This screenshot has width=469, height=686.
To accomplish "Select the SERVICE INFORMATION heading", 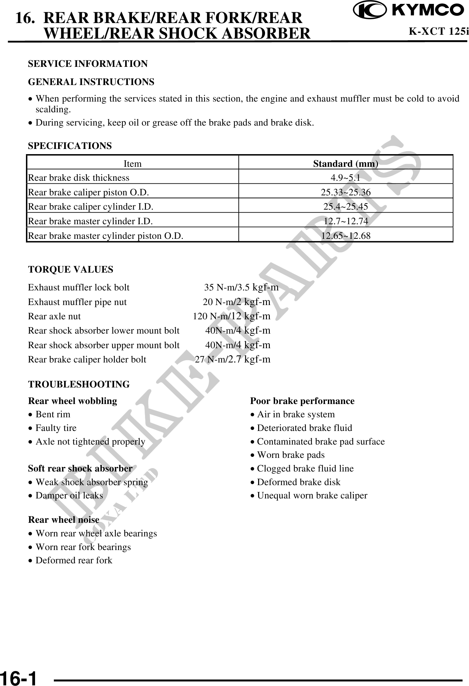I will [x=88, y=64].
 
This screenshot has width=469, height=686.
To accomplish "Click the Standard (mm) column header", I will [x=345, y=164].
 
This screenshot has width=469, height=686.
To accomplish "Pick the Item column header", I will [x=133, y=164].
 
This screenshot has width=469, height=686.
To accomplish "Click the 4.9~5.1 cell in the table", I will [x=345, y=178].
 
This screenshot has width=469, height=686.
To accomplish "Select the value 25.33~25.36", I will [x=345, y=192].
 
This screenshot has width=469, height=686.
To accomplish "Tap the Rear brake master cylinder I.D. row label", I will [x=90, y=221].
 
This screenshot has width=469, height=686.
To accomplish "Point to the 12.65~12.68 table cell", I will [x=345, y=236].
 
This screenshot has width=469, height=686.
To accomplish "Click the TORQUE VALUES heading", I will [x=71, y=270].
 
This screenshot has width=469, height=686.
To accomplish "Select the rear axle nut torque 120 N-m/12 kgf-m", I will [x=232, y=316].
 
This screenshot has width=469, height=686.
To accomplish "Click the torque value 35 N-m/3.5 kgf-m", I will [x=241, y=288].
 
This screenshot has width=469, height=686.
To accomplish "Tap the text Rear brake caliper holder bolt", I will [x=87, y=360].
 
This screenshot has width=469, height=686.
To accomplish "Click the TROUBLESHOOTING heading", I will [x=79, y=385].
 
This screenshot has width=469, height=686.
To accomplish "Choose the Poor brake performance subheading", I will [x=302, y=401].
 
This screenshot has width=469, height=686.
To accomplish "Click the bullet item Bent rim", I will [x=53, y=414].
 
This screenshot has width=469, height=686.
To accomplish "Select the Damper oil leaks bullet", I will [x=69, y=496].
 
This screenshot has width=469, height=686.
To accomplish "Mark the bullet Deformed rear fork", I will [x=74, y=560].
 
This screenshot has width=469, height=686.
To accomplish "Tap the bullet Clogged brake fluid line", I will [x=305, y=469].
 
